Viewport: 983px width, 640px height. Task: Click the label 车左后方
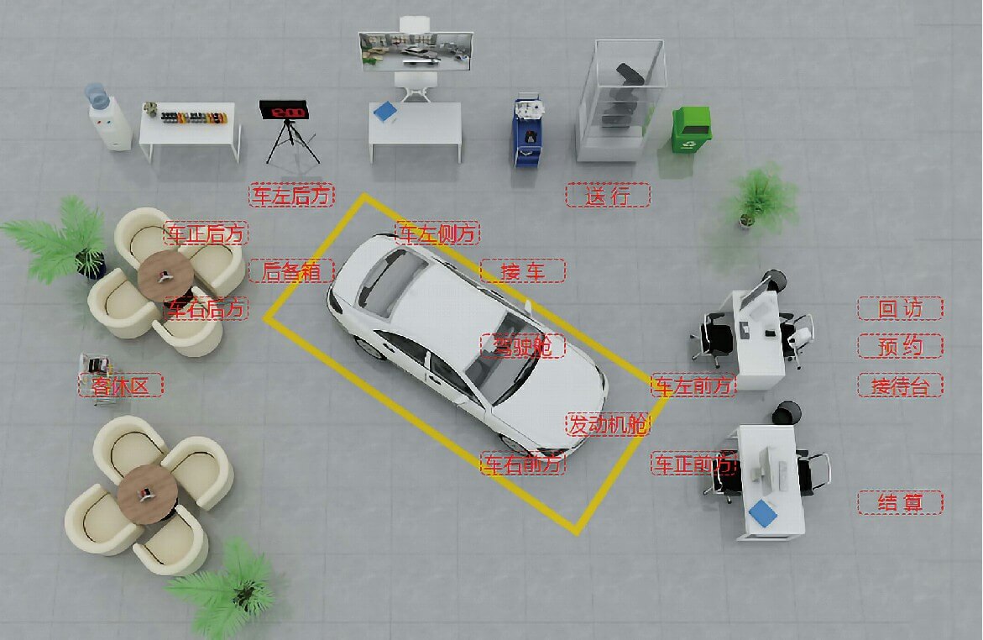(x=291, y=195)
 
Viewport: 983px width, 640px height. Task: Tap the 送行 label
(x=608, y=195)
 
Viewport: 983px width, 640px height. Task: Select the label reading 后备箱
(x=291, y=271)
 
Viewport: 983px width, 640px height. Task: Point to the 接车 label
(x=523, y=271)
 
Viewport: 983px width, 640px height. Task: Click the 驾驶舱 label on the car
(x=523, y=346)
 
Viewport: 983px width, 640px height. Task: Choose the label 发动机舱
(x=608, y=425)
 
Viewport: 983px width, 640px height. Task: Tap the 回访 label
(x=900, y=308)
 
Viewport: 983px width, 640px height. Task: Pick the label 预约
(x=900, y=346)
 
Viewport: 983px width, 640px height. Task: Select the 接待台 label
(x=900, y=386)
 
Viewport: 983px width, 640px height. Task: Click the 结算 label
(x=900, y=502)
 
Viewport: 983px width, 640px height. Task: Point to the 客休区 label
(x=120, y=386)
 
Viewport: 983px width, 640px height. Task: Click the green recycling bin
(x=691, y=129)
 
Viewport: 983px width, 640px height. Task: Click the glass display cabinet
(x=620, y=101)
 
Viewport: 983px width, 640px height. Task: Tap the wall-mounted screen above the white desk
(x=416, y=51)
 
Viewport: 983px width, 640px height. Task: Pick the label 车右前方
(x=523, y=464)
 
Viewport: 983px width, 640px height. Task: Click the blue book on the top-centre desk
(x=385, y=112)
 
